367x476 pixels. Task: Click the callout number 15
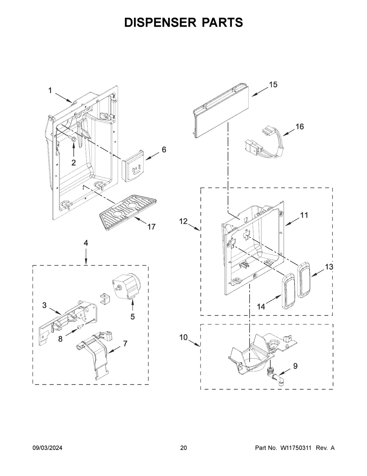pos(273,85)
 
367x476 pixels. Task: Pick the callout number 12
pos(183,221)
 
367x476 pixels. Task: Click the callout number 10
pos(183,337)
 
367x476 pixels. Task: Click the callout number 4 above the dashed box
pos(86,243)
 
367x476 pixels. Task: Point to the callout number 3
pos(44,305)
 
